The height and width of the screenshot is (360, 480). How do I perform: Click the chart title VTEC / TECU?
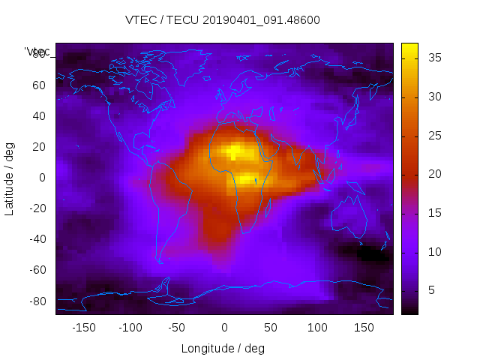coord(223,20)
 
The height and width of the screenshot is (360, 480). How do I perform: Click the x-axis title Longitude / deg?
coord(223,348)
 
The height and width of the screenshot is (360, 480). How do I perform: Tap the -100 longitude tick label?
coord(130,328)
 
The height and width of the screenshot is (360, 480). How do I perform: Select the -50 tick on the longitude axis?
coord(177,328)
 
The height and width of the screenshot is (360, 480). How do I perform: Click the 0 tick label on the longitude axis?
coord(224,328)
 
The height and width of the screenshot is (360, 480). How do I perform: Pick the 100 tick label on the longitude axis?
coord(318,328)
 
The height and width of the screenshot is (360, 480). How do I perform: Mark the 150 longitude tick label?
coord(364,328)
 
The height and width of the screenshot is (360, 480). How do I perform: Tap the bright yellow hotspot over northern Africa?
coord(235,152)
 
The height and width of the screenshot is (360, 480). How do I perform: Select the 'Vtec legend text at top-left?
coord(37,52)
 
